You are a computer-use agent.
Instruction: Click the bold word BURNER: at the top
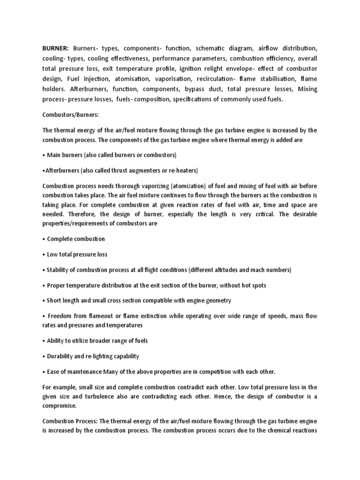[55, 48]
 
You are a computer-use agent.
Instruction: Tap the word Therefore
[56, 214]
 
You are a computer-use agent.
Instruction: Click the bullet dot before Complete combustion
[44, 239]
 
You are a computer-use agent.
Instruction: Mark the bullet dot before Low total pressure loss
[44, 255]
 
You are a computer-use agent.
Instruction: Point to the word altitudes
[227, 270]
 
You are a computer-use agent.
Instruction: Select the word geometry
[217, 300]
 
